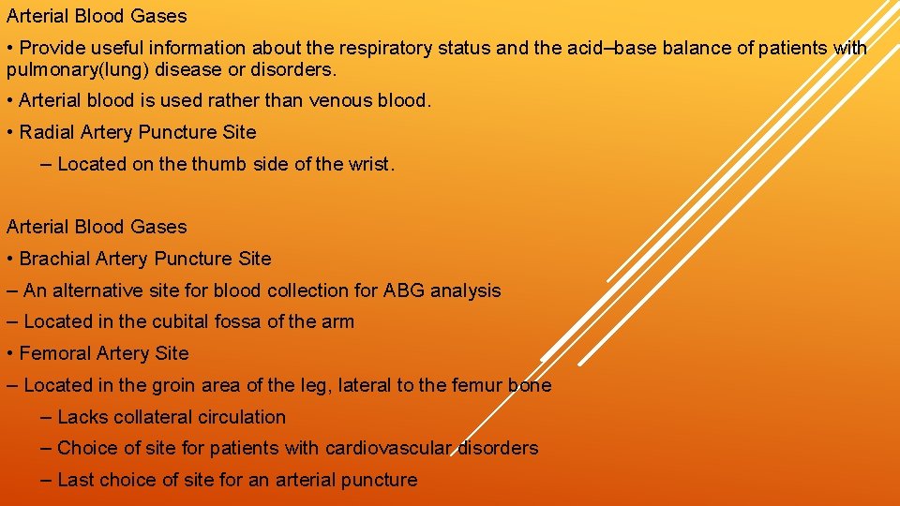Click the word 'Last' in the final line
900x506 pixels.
[77, 480]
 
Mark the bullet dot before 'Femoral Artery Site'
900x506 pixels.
[9, 353]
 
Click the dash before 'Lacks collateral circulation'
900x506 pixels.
[47, 417]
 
